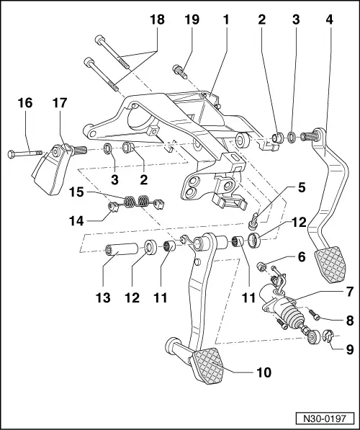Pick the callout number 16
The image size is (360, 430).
coord(24,104)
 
